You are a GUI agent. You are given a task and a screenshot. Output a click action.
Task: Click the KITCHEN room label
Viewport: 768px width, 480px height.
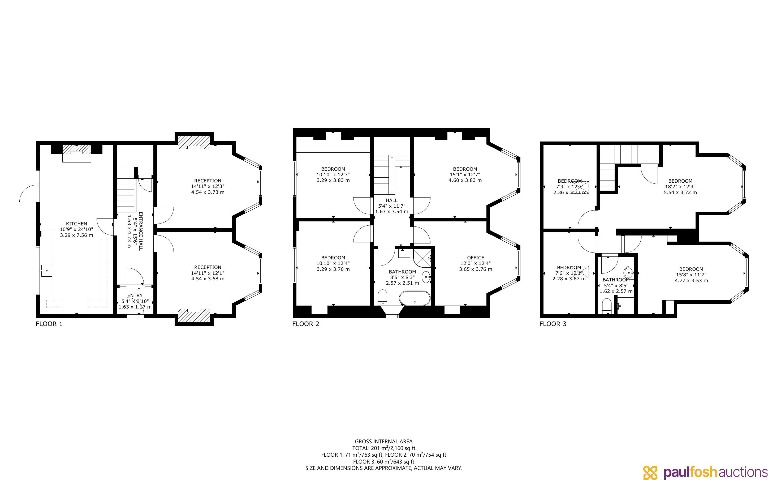click(x=76, y=224)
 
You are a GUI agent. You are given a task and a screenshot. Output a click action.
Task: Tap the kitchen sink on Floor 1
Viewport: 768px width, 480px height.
click(x=46, y=271)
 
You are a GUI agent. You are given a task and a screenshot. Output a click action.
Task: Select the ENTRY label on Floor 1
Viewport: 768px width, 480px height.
click(x=135, y=295)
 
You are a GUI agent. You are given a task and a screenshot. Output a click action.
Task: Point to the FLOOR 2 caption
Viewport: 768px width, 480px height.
click(x=305, y=324)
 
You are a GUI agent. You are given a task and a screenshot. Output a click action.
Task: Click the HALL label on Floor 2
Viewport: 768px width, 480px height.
click(x=391, y=200)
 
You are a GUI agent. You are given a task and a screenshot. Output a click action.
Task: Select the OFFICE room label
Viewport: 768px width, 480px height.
click(x=476, y=258)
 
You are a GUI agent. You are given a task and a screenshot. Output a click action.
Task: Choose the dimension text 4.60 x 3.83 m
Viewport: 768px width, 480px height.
click(x=465, y=180)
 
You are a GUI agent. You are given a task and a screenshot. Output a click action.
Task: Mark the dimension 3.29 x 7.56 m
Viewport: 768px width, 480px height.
click(x=76, y=235)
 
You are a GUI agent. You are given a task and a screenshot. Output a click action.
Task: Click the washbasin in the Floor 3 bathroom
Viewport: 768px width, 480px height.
click(x=629, y=272)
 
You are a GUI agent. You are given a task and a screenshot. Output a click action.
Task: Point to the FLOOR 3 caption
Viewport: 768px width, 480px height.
click(x=553, y=324)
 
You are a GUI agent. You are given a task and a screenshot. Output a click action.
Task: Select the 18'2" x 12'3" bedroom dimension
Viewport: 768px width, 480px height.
click(x=680, y=187)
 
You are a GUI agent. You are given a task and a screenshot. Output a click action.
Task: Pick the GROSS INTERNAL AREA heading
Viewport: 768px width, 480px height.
click(x=383, y=441)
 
